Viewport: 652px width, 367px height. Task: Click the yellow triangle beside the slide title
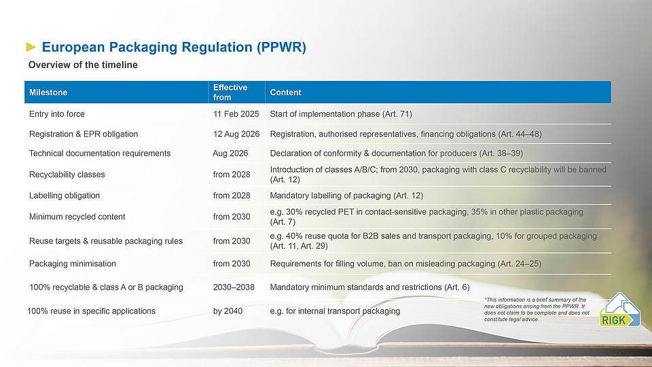[31, 47]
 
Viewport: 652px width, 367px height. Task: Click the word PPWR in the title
[281, 47]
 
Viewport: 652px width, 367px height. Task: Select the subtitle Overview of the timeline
[83, 65]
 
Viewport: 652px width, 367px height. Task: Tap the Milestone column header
[48, 92]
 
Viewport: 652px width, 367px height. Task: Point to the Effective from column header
[230, 92]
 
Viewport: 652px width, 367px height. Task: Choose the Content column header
[285, 92]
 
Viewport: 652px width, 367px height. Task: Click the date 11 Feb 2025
[236, 114]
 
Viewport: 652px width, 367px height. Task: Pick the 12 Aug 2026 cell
[236, 134]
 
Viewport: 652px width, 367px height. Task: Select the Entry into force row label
[57, 114]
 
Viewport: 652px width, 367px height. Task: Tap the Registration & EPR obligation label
[84, 134]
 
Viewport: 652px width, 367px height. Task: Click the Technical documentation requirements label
[100, 153]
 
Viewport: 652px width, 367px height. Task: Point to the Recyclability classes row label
[67, 175]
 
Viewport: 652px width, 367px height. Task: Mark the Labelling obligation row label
[65, 196]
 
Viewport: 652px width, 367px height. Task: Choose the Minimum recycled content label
[77, 217]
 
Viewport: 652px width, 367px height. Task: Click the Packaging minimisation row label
[73, 264]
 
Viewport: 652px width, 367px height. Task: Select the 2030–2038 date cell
[234, 287]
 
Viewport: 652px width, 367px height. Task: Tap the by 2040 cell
[228, 311]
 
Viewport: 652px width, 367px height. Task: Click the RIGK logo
[619, 310]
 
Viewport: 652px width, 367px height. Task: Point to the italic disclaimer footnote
[537, 310]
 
